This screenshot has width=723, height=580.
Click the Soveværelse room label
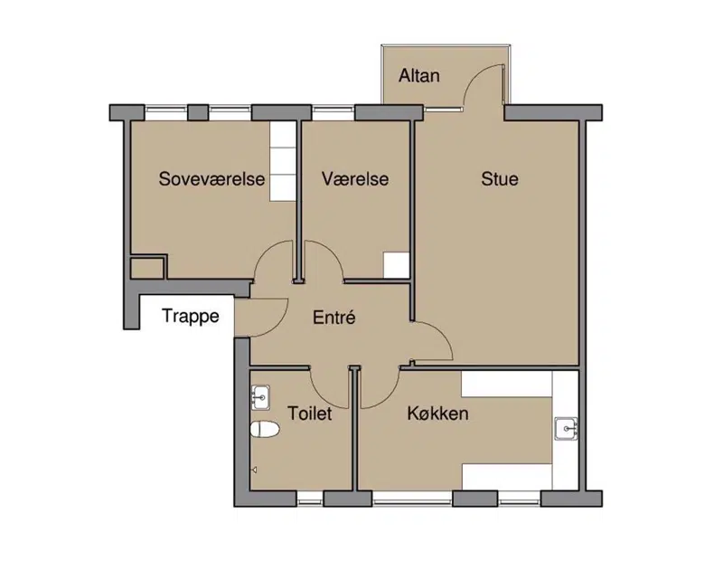[x=211, y=179]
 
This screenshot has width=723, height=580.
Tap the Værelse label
[x=355, y=179]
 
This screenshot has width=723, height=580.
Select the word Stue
[x=500, y=179]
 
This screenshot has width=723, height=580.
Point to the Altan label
[x=419, y=75]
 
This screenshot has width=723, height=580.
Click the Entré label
[x=334, y=318]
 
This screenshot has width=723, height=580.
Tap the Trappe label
[x=191, y=317]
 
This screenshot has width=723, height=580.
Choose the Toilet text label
[x=310, y=413]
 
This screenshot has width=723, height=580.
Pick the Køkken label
[x=437, y=413]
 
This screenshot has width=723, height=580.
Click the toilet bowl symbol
[x=265, y=430]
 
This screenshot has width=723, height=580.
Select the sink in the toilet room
[x=260, y=397]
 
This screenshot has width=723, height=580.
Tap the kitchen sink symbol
[x=566, y=429]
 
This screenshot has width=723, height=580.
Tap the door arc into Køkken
[x=388, y=397]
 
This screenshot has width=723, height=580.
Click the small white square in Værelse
[x=397, y=265]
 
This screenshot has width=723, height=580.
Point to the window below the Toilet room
[x=310, y=499]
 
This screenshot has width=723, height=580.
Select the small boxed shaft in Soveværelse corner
[x=147, y=268]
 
